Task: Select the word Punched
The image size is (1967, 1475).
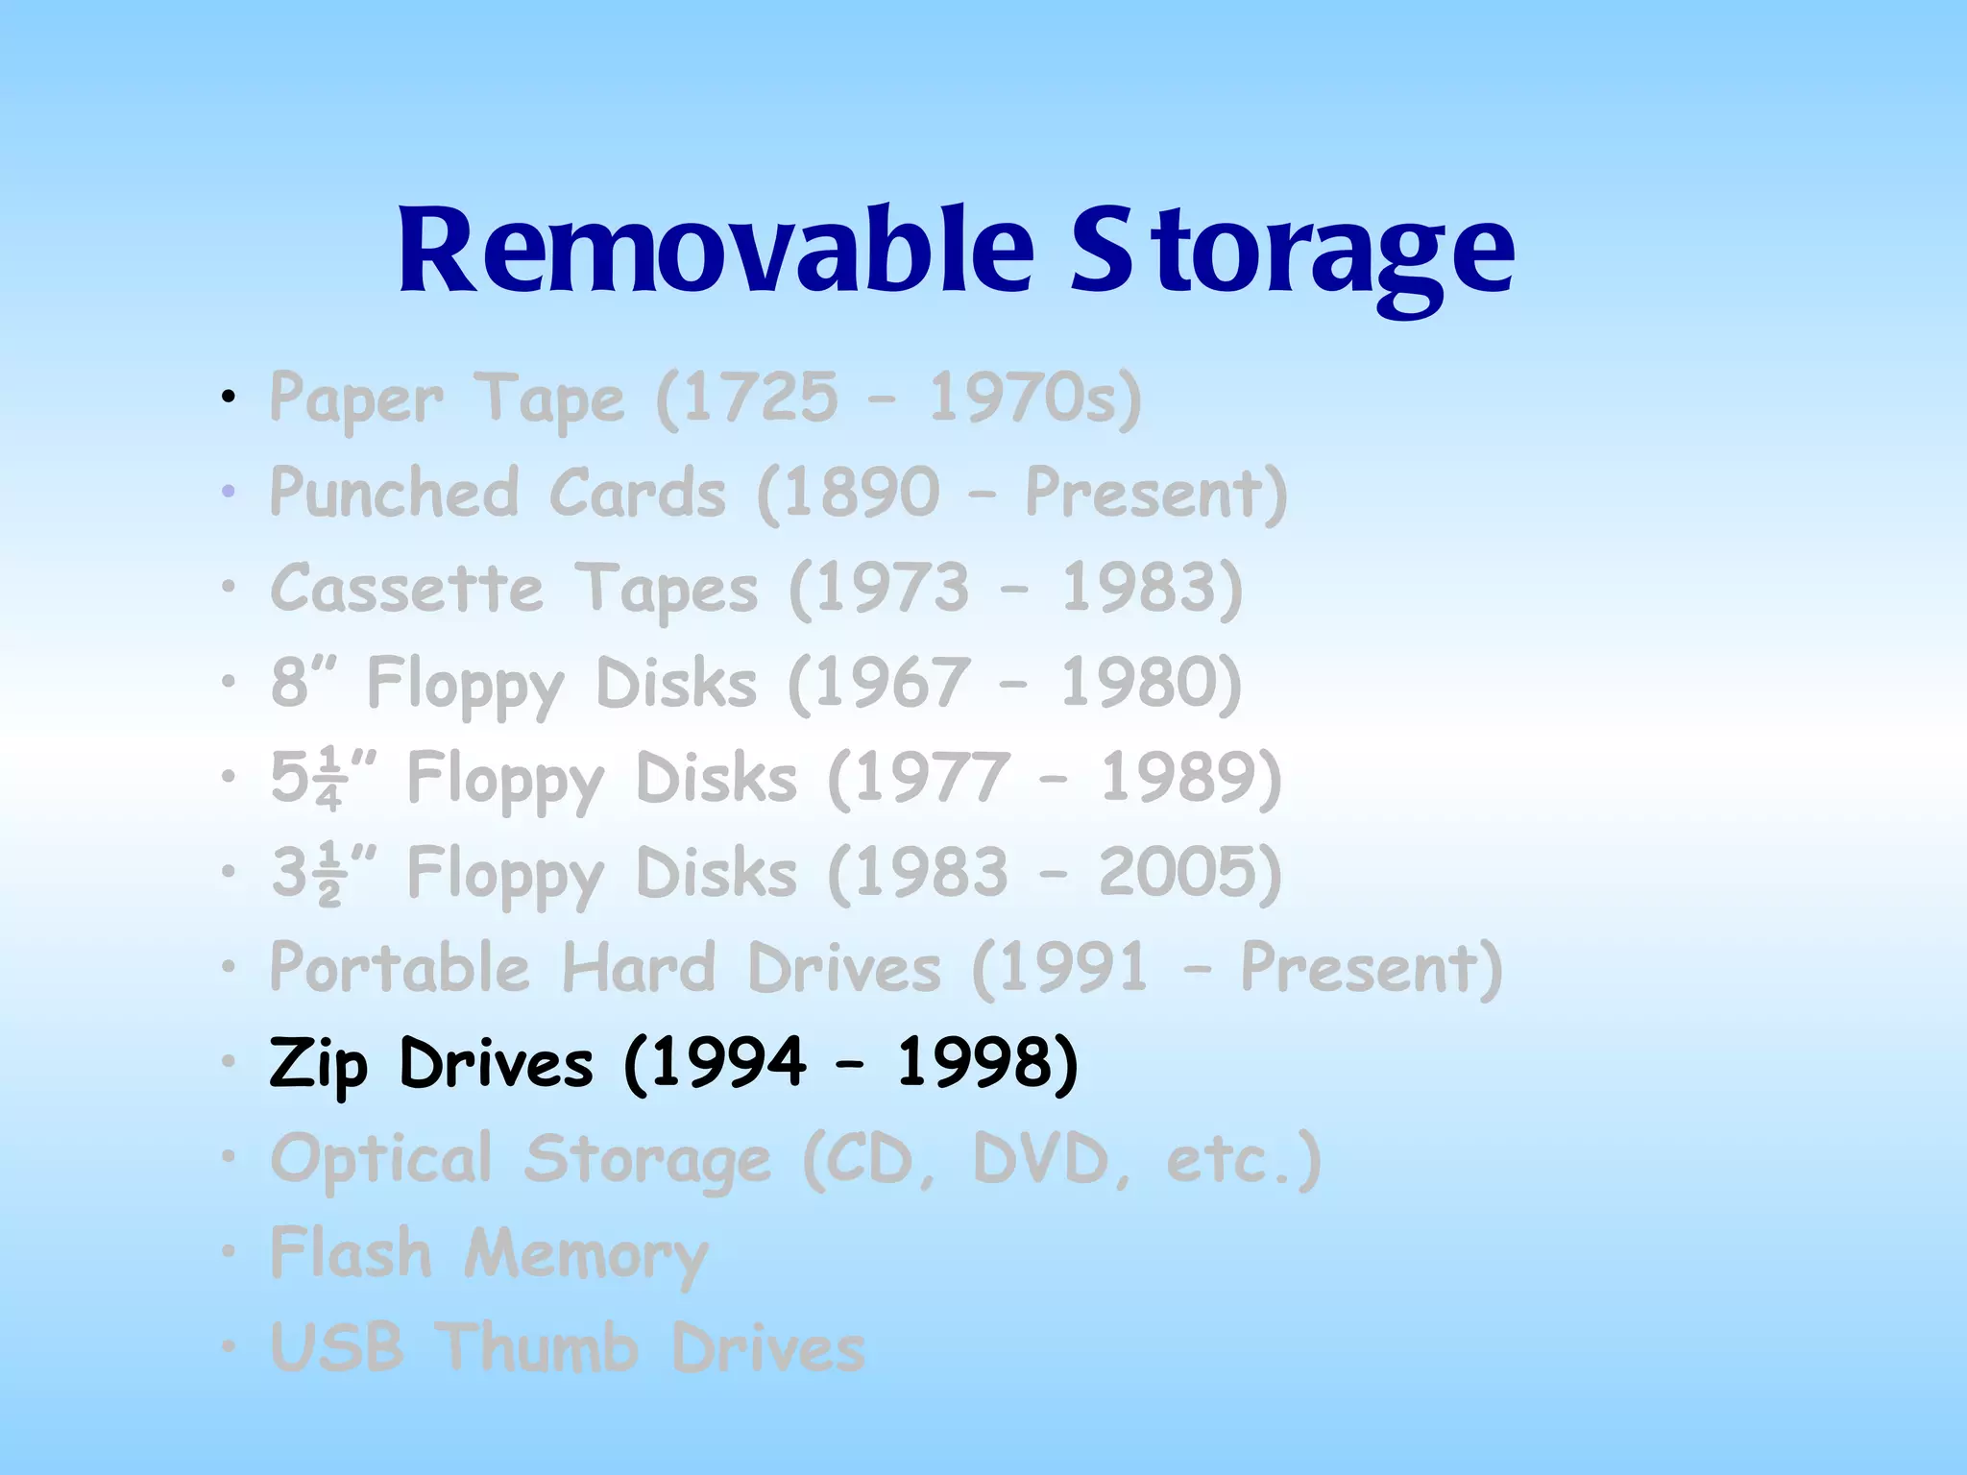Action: pos(395,492)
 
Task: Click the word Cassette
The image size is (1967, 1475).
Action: pos(407,588)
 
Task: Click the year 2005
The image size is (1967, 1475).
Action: pos(1178,872)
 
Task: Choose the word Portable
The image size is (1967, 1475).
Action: pos(400,967)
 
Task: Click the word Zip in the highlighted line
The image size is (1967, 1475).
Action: pos(318,1064)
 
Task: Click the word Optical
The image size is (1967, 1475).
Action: pos(381,1159)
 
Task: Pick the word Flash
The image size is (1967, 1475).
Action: pos(352,1253)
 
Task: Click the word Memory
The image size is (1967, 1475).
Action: pos(586,1255)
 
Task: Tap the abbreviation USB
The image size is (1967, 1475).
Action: pos(336,1347)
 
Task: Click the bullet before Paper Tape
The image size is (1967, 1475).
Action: pos(228,397)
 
